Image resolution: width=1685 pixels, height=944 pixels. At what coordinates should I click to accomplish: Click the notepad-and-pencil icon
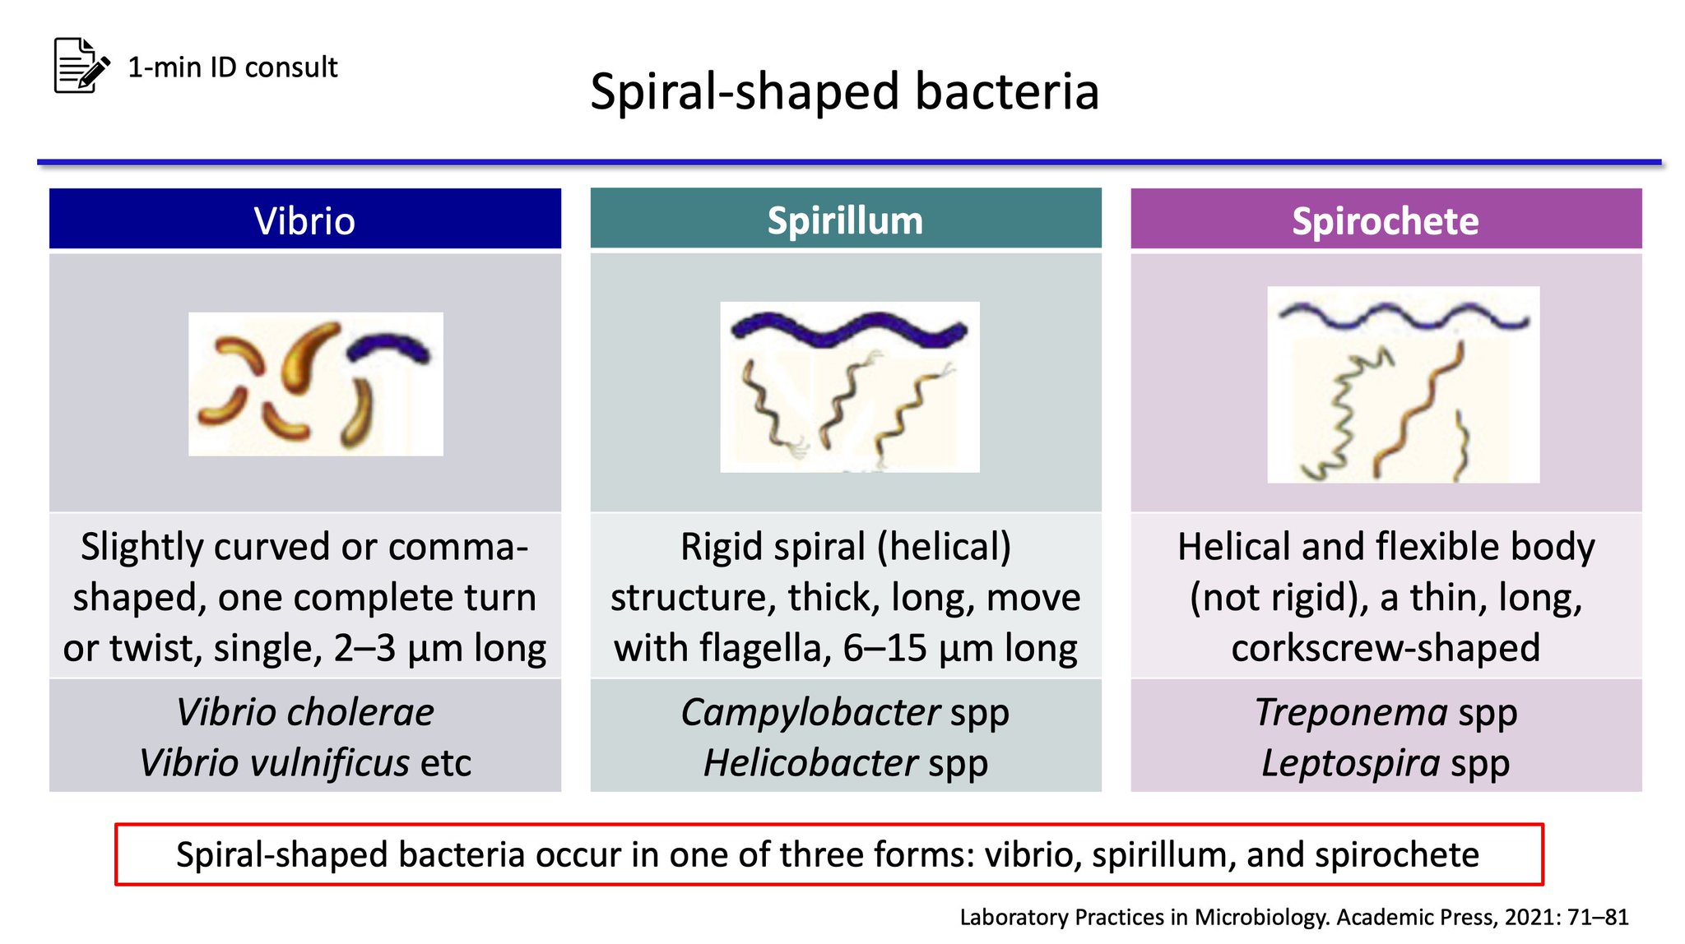point(81,65)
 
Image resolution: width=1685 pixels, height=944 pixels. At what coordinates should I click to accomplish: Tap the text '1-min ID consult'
point(233,67)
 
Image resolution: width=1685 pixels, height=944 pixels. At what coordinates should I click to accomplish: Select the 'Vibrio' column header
point(304,220)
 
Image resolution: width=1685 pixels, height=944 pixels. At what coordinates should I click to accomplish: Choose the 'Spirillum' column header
point(845,220)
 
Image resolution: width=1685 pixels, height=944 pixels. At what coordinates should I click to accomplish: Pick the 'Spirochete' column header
point(1386,220)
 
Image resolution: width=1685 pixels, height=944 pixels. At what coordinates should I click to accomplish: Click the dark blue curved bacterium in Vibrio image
point(388,345)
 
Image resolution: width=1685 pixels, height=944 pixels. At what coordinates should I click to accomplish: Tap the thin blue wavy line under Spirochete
point(1404,317)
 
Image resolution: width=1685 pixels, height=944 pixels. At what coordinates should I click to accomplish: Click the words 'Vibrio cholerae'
point(304,712)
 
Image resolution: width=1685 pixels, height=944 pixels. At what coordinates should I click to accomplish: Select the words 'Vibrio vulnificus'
point(274,763)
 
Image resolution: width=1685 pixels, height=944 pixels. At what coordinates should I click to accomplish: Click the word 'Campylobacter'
point(810,712)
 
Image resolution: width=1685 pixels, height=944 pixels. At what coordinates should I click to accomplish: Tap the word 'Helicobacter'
point(810,763)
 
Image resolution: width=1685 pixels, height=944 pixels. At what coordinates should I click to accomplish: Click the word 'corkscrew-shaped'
point(1386,649)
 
